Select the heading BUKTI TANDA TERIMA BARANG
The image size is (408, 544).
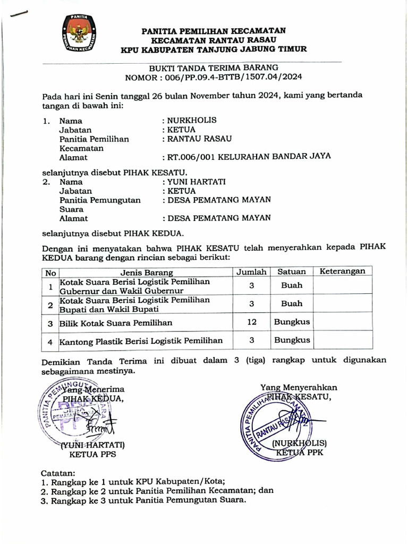(x=213, y=68)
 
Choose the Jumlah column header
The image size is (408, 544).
(x=251, y=272)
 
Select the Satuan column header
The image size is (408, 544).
(x=292, y=272)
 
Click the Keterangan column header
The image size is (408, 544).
(x=342, y=271)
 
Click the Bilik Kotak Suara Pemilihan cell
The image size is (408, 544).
(x=115, y=322)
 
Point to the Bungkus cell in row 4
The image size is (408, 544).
(x=292, y=340)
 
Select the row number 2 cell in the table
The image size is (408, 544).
(x=50, y=304)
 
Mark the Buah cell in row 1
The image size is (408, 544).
(x=292, y=285)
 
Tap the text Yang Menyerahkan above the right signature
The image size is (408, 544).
(x=298, y=387)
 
